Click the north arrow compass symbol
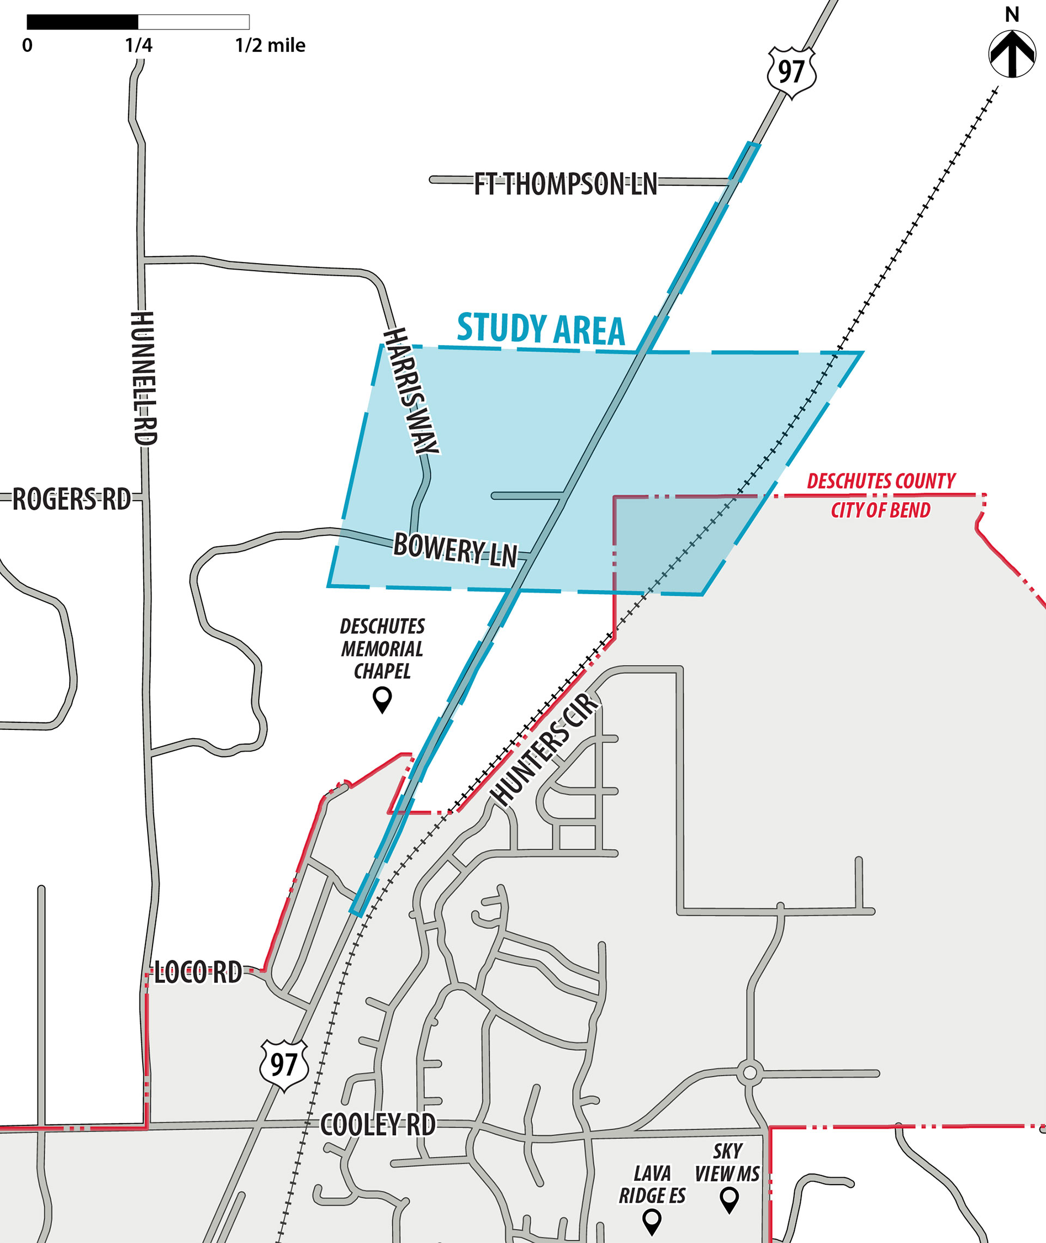(x=1012, y=54)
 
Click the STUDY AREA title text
(x=541, y=329)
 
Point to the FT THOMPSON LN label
(x=565, y=184)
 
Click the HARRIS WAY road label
(x=411, y=392)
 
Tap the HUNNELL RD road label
(x=143, y=377)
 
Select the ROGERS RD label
(x=71, y=499)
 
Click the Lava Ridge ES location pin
(x=652, y=1221)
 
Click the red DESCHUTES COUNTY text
(x=881, y=481)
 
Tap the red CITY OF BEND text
(x=880, y=510)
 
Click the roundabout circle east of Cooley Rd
(x=750, y=1073)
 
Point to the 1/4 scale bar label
(x=138, y=46)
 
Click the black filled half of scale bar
(x=82, y=22)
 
